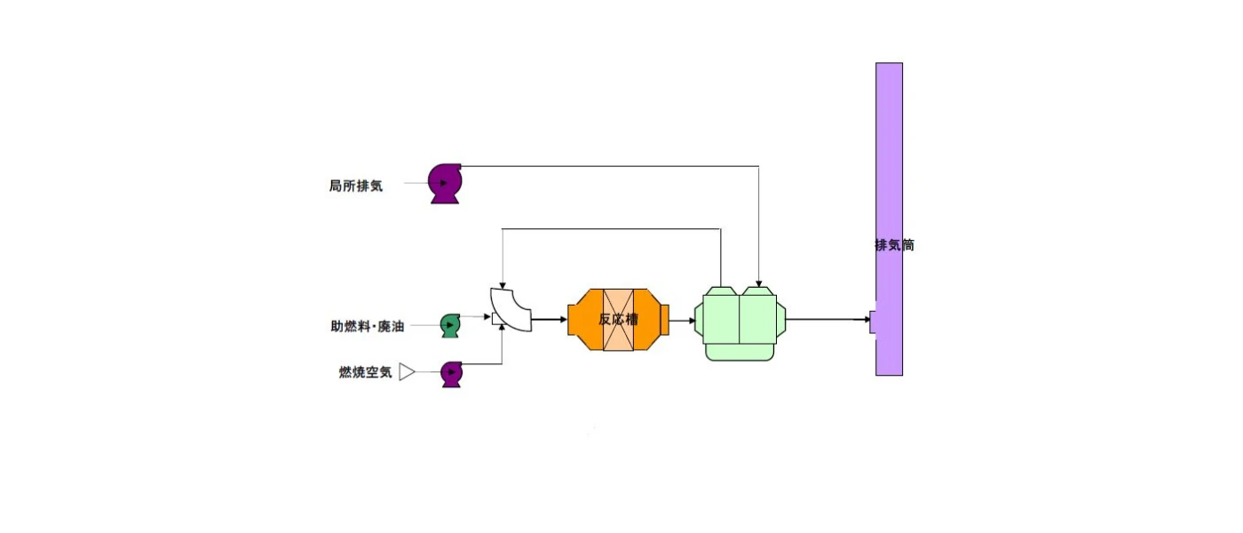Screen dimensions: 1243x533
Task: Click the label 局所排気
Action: [356, 186]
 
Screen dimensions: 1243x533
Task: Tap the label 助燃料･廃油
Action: [368, 326]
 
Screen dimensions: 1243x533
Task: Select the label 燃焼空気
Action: [365, 372]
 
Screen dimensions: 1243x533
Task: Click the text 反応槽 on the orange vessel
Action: [618, 319]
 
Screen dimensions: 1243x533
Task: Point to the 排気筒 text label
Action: [895, 245]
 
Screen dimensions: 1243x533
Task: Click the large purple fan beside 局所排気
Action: [445, 183]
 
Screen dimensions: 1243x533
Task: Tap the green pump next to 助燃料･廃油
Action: [450, 326]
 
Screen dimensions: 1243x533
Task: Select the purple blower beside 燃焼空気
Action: [452, 374]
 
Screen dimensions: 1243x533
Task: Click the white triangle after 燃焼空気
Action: [407, 372]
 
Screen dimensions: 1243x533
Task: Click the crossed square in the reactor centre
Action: [618, 320]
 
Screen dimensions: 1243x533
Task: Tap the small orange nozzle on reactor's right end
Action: [665, 320]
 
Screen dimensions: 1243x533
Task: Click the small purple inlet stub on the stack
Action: [873, 322]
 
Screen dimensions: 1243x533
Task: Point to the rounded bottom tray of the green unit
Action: [740, 353]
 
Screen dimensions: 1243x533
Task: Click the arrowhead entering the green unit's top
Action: [758, 284]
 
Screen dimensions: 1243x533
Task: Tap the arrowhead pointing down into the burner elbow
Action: [503, 285]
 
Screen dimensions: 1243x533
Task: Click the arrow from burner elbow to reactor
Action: [550, 319]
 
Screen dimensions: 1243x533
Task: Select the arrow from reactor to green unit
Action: [683, 321]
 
